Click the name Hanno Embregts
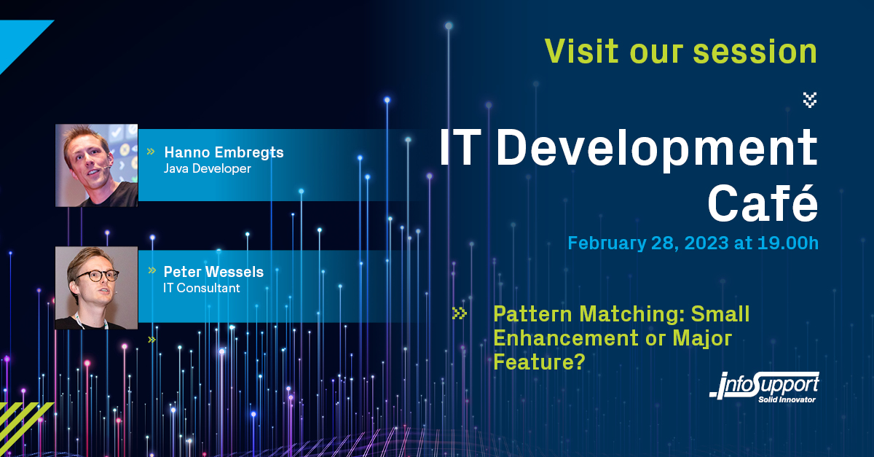224,152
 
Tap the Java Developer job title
208,169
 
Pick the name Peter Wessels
213,272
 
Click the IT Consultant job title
202,288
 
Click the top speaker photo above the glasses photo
97,165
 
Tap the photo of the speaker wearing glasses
97,287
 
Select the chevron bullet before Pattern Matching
460,313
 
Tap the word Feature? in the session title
540,362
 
